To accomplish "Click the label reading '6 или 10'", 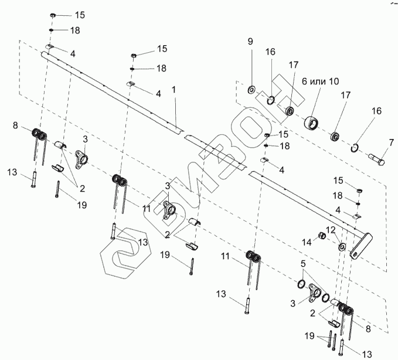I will point(321,81).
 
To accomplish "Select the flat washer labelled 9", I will point(251,90).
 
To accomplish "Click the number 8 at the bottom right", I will point(368,330).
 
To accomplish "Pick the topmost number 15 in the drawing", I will point(80,13).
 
